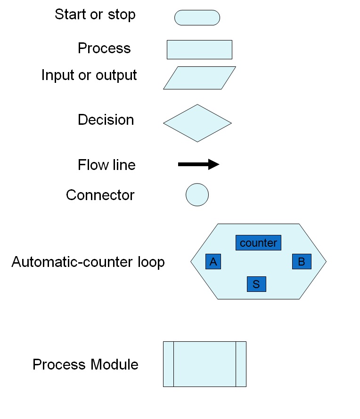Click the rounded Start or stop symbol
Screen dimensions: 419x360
197,17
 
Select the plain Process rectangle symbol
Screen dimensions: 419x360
199,49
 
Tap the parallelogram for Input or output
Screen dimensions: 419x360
199,78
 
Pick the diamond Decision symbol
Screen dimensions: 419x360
197,123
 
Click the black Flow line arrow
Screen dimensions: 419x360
198,164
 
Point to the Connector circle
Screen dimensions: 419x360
197,194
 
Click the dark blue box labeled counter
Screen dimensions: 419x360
258,243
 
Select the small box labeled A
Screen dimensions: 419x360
213,262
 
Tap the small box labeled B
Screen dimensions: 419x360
302,262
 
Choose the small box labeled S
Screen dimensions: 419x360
256,284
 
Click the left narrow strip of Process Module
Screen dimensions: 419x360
168,364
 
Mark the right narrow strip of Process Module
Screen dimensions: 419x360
241,364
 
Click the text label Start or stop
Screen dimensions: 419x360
95,15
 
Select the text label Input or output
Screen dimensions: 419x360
89,75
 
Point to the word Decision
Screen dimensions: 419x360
106,120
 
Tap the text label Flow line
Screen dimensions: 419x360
106,165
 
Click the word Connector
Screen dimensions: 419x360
100,195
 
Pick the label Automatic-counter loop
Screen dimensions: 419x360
88,262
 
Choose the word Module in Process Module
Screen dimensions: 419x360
115,364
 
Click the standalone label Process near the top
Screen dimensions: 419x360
104,48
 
